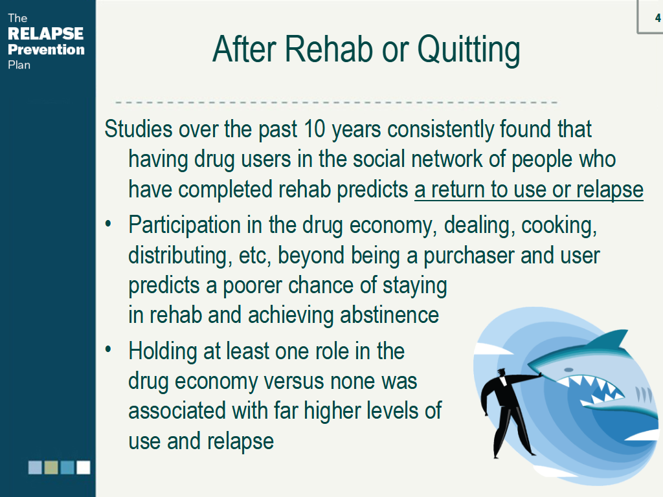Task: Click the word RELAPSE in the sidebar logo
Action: pos(46,34)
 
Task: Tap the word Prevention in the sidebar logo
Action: pos(46,49)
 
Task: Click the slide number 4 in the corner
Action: pos(658,17)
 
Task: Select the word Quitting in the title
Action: pos(469,50)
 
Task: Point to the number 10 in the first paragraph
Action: pos(314,129)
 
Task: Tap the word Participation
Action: pos(185,225)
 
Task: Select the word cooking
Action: pos(559,225)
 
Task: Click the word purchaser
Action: pos(469,256)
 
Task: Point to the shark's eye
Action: pos(569,370)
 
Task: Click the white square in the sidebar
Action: pos(84,467)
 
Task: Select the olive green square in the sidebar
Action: pos(51,467)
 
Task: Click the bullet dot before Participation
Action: pos(109,223)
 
